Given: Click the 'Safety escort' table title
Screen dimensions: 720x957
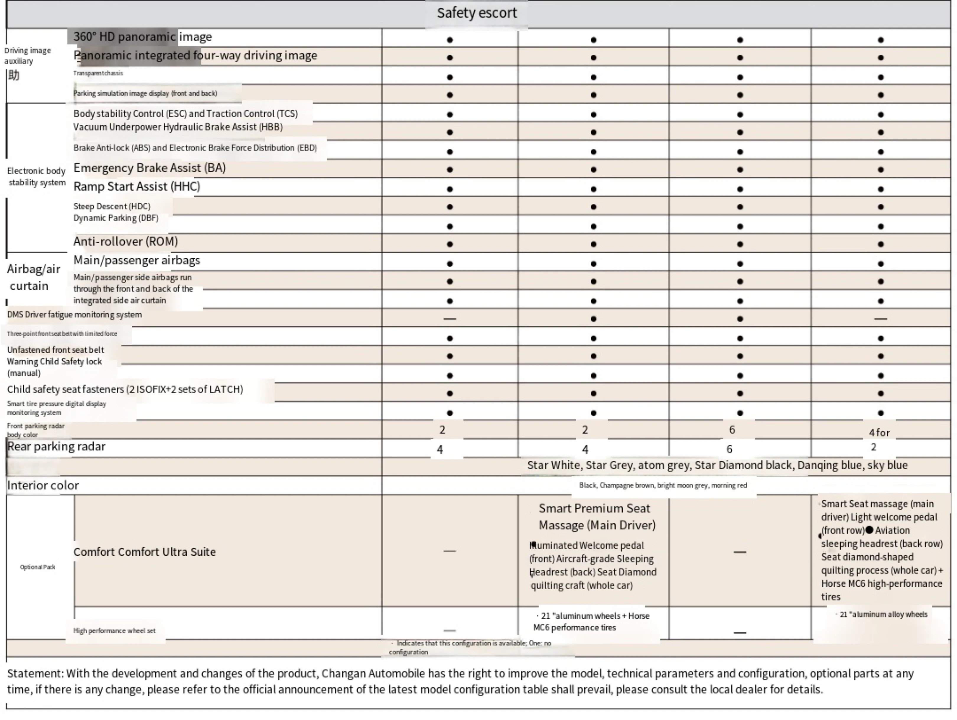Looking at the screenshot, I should point(476,13).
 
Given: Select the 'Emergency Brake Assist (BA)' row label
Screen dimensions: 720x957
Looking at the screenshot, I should point(149,168).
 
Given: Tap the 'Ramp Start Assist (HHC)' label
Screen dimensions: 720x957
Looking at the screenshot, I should point(137,187).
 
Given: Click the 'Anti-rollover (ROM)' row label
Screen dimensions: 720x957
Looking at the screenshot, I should point(126,241).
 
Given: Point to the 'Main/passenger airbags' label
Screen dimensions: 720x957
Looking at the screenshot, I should point(137,260).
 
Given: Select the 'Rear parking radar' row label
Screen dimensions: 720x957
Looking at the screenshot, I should point(56,447).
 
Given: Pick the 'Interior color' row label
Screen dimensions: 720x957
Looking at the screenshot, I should point(43,485).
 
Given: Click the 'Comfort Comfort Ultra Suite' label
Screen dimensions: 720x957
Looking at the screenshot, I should point(144,552).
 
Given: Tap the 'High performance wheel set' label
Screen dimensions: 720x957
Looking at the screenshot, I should point(114,631).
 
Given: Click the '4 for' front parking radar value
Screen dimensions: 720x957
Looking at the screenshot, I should point(879,432).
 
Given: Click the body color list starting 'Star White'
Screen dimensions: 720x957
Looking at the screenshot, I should point(717,466).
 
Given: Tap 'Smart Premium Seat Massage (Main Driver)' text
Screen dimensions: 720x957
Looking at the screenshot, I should point(597,517).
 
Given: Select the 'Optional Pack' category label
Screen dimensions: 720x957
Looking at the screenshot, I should point(38,567).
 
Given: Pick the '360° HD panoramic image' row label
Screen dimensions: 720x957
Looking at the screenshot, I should point(142,37).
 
